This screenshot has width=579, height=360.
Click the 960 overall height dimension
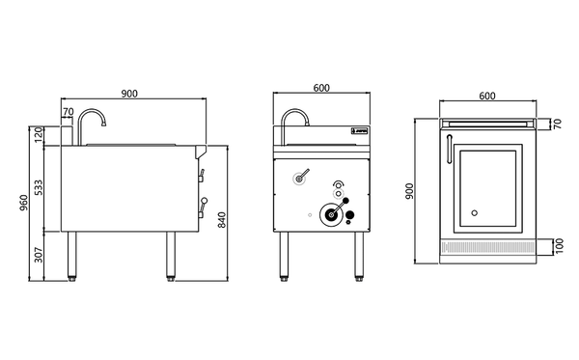[x=23, y=203]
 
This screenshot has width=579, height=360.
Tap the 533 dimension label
[x=38, y=187]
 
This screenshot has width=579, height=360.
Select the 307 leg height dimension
[x=39, y=255]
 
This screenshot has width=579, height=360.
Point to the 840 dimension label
[x=221, y=220]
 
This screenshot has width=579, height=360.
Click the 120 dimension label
[x=39, y=135]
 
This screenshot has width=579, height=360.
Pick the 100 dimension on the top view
[x=560, y=246]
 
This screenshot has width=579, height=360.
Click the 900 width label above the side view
[x=129, y=94]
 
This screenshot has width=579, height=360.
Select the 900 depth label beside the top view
[x=409, y=191]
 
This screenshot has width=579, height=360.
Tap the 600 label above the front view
[x=321, y=88]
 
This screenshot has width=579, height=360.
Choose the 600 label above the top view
[x=487, y=96]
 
